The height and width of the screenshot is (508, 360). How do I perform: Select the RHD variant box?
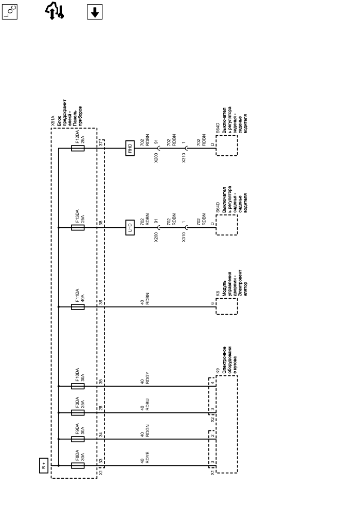click(x=130, y=149)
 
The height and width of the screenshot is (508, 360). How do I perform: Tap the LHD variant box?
click(x=130, y=227)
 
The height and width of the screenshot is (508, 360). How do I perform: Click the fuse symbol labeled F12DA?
click(x=78, y=149)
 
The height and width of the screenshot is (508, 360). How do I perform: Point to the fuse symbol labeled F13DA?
click(x=78, y=227)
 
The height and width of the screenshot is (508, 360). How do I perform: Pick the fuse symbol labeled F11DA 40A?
click(x=78, y=307)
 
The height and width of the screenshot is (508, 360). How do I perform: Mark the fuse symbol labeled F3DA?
click(x=78, y=413)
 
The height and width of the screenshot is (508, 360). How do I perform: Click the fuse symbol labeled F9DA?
click(x=78, y=439)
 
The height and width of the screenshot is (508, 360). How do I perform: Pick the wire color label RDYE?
click(x=148, y=460)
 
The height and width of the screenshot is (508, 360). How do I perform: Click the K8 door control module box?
click(x=227, y=307)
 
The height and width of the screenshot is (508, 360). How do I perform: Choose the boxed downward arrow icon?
click(x=94, y=12)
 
